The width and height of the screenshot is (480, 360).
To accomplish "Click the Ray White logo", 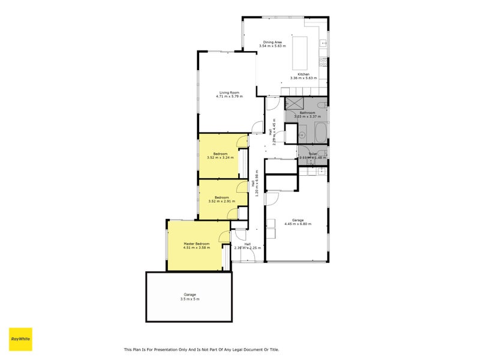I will [x=20, y=339].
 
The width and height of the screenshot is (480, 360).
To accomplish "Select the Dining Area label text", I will [x=272, y=42].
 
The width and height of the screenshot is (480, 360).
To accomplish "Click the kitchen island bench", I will [x=299, y=53].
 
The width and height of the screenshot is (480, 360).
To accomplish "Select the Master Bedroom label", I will [x=196, y=244].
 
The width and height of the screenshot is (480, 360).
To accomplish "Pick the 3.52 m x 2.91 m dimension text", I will [x=221, y=201].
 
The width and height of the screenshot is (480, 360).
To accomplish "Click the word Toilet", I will [x=313, y=154].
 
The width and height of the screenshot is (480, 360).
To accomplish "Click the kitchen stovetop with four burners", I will [x=324, y=62].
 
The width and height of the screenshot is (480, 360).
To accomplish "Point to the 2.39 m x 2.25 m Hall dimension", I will [x=247, y=248].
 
